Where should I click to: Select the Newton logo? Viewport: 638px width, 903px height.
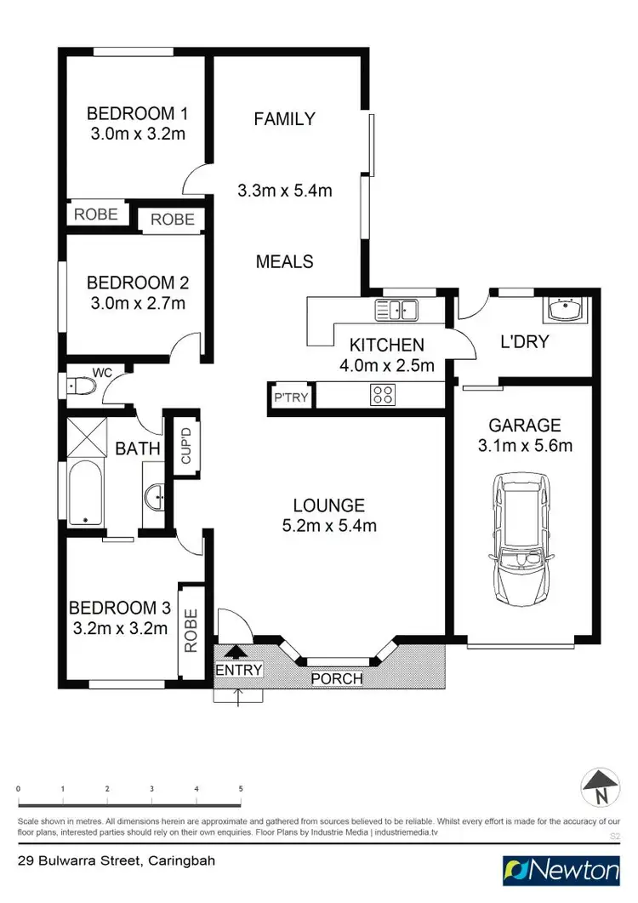561,871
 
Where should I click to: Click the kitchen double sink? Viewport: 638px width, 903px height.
397,311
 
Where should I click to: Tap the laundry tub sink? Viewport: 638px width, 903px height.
563,310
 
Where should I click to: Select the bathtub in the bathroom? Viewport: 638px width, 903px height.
84,493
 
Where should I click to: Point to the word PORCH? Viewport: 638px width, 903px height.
337,679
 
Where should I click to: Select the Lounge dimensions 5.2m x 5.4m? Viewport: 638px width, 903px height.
329,526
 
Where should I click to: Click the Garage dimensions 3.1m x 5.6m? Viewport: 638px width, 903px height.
524,445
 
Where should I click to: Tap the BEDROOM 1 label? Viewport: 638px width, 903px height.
137,113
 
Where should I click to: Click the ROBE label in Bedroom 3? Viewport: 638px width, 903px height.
191,630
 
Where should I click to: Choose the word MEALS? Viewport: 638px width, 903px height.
285,261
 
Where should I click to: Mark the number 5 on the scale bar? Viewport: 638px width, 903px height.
241,789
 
